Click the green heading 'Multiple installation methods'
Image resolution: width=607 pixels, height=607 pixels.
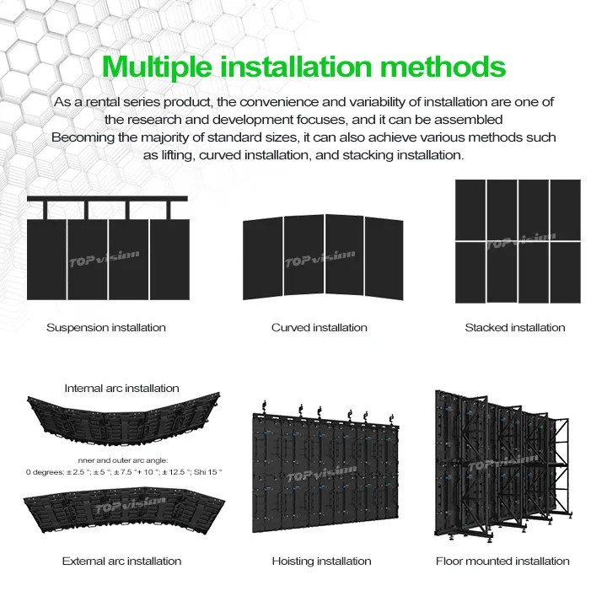coord(303,67)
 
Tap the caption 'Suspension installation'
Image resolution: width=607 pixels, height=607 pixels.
coord(106,327)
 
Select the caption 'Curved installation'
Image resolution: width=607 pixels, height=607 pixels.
coord(319,327)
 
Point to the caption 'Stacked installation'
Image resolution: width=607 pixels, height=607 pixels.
coord(515,327)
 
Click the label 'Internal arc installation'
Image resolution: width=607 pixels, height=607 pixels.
coord(121,389)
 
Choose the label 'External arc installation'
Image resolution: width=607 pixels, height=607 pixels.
coord(121,561)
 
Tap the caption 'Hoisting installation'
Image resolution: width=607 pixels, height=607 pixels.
coord(321,561)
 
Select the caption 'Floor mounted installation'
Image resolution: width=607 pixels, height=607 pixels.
coord(502,561)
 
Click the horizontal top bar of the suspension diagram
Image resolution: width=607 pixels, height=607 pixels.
coord(107,199)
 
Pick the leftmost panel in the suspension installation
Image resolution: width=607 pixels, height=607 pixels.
coord(46,260)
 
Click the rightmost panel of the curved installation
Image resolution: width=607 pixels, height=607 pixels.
coord(384,259)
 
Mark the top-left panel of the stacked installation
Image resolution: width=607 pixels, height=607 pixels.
coord(470,210)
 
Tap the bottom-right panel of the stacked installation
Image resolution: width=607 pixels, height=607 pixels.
coord(565,272)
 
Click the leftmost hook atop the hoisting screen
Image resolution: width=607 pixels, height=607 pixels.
coord(265,407)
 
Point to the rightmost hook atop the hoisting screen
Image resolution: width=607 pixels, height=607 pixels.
coord(392,420)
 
